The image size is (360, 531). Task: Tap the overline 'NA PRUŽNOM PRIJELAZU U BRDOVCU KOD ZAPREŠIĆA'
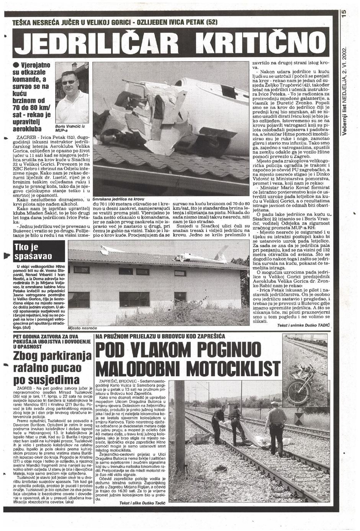click(161, 336)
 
